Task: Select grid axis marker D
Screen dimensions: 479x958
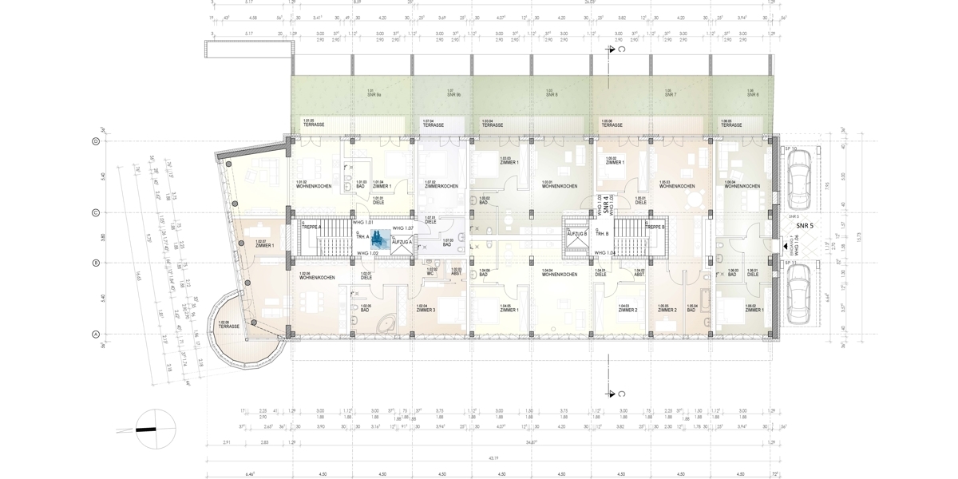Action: [95, 141]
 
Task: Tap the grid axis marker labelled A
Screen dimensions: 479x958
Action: [95, 335]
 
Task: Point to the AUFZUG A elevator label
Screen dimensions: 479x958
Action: [402, 241]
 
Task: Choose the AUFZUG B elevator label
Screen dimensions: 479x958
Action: [577, 233]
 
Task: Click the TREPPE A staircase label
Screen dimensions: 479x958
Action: [311, 228]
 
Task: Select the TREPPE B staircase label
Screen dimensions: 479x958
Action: [655, 228]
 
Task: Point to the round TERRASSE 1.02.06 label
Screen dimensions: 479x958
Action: [226, 325]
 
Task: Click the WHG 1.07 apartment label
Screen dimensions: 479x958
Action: [402, 228]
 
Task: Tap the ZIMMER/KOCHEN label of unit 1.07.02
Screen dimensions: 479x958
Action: [441, 186]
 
